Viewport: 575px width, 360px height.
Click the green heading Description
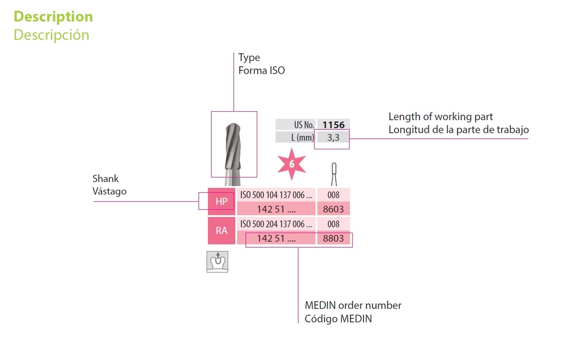coord(53,16)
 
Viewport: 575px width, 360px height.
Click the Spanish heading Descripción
coord(51,35)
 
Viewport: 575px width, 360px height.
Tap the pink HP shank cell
coord(221,201)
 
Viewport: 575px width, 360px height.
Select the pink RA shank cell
coord(221,230)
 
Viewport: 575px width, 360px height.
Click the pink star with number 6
coord(291,164)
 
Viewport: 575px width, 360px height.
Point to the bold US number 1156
coord(334,125)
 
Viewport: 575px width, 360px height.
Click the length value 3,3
coord(333,137)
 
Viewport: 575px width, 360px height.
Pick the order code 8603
coord(334,209)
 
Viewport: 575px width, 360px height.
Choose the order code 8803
coord(334,238)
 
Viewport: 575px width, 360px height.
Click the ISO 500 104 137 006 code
coord(276,195)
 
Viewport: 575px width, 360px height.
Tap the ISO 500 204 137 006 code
coord(276,224)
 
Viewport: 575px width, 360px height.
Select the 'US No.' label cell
coord(295,125)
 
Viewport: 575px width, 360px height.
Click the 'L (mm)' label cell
coord(295,137)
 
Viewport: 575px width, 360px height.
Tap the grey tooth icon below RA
coord(217,262)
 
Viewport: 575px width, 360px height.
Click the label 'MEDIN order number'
coord(353,306)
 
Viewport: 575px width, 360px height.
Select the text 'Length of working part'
coord(440,117)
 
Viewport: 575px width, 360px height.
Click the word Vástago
coord(109,191)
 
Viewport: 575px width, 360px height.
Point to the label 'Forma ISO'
coord(261,71)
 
